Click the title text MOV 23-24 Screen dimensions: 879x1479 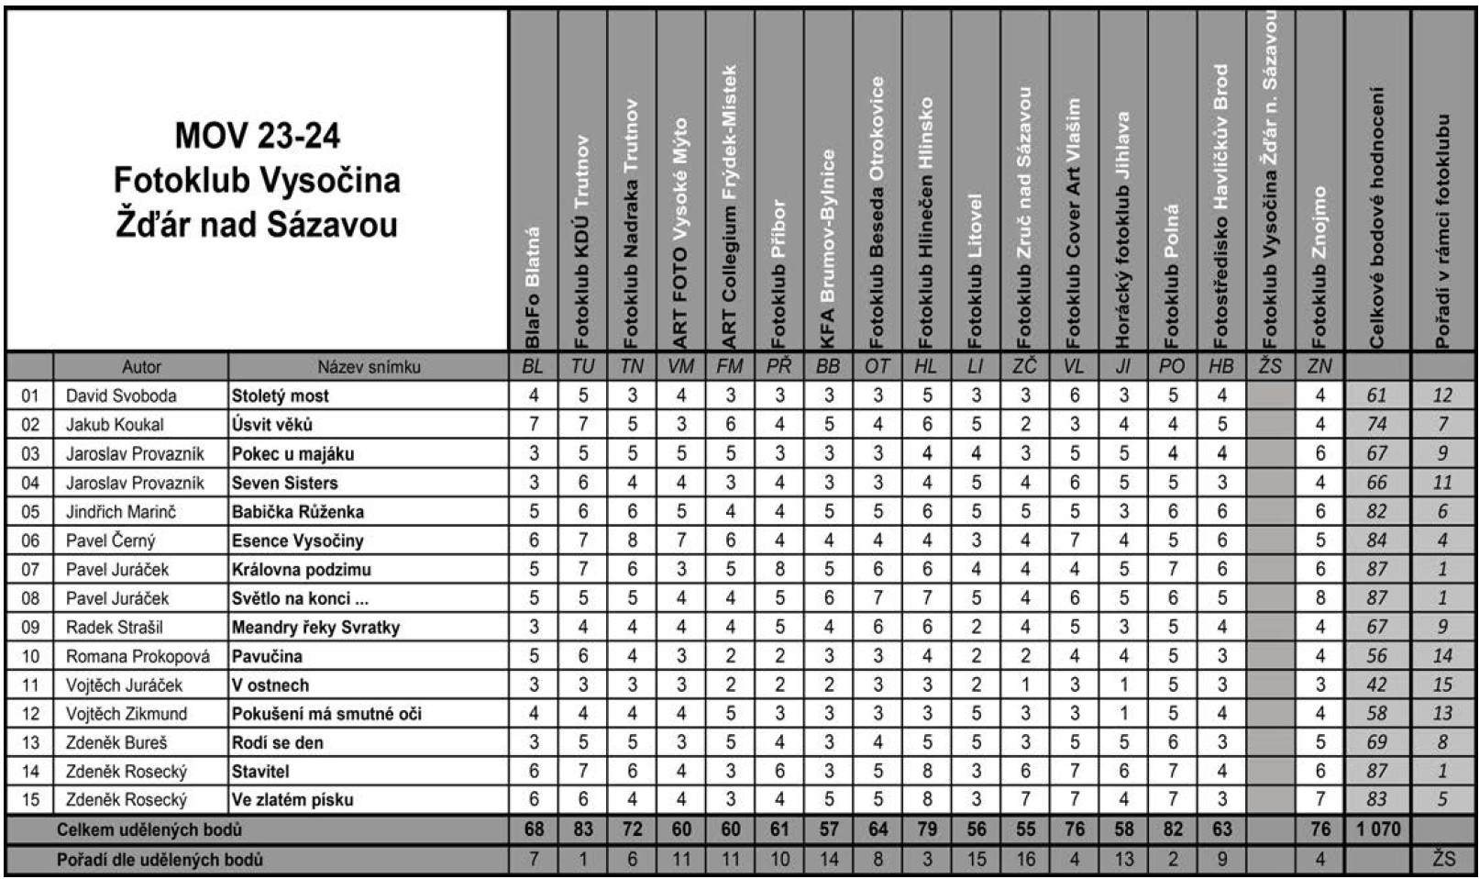point(257,137)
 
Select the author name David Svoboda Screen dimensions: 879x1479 point(121,395)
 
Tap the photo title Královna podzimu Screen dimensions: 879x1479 point(301,570)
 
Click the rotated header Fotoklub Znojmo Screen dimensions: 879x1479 point(1319,266)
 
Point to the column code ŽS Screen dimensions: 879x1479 point(1270,367)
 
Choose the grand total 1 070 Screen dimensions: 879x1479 point(1377,829)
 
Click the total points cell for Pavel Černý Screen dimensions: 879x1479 point(1377,540)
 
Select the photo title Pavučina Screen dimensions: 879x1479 point(267,656)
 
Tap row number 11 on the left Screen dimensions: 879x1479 point(30,685)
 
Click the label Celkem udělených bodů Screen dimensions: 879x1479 point(149,829)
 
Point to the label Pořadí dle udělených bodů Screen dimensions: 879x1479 point(160,860)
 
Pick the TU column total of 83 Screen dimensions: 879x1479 point(583,829)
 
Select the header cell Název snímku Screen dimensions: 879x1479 point(369,367)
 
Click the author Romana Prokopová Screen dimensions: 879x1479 point(138,656)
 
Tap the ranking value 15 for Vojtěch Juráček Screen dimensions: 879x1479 point(1442,685)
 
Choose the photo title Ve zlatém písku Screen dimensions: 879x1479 point(292,800)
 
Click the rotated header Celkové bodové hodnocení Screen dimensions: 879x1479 point(1377,217)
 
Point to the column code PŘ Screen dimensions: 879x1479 point(779,367)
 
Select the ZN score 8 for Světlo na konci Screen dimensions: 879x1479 point(1319,598)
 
